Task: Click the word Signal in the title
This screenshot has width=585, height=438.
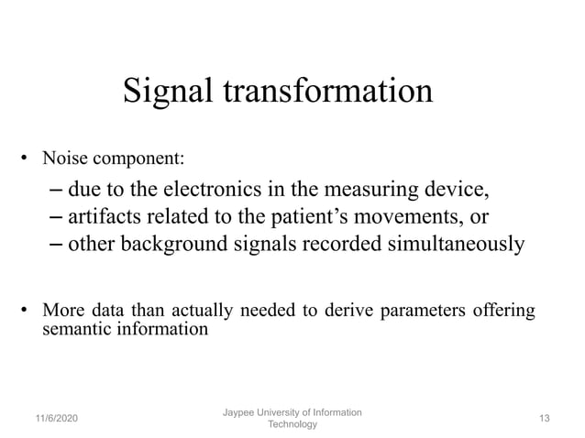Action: pyautogui.click(x=165, y=92)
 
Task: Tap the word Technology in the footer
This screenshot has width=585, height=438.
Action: pyautogui.click(x=292, y=424)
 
